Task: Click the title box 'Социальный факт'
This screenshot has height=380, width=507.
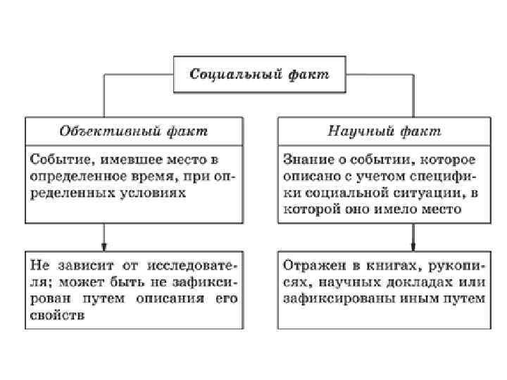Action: (260, 74)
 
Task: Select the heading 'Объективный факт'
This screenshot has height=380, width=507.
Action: (134, 131)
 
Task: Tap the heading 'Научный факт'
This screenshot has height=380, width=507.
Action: (384, 131)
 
